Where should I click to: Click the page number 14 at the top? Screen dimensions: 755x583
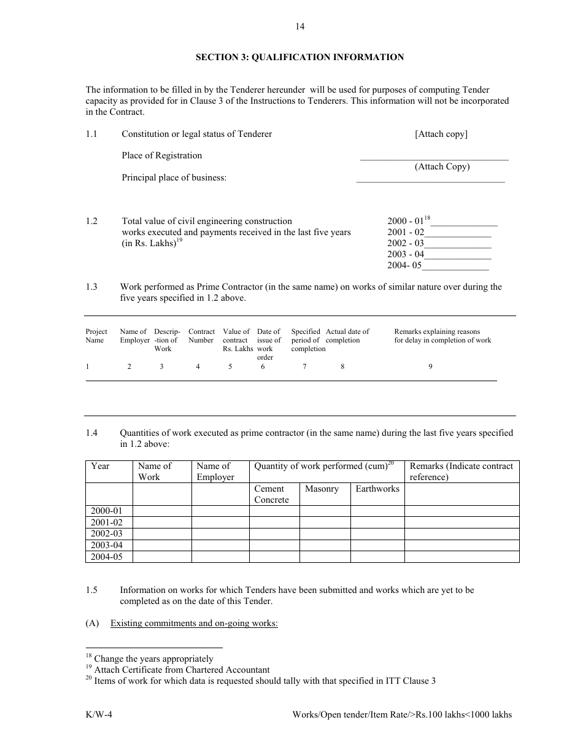tap(299, 26)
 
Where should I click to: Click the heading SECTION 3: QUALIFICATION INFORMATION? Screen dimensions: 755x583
tap(299, 57)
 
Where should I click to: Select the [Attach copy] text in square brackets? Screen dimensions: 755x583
tap(441, 134)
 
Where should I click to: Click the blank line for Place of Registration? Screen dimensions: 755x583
tap(434, 158)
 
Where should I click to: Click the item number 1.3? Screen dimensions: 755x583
tap(91, 287)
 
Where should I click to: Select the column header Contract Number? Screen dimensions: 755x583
tap(201, 336)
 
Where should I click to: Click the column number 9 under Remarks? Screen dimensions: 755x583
tap(430, 366)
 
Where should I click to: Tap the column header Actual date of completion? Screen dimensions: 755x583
tap(347, 336)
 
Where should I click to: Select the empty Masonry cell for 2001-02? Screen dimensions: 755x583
tap(325, 522)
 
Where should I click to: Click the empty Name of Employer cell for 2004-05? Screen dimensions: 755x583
tap(220, 557)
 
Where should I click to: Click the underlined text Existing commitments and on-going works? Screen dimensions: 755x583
tap(194, 624)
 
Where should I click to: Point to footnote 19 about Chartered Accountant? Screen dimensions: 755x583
tap(182, 670)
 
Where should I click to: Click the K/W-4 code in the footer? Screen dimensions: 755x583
tap(99, 714)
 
